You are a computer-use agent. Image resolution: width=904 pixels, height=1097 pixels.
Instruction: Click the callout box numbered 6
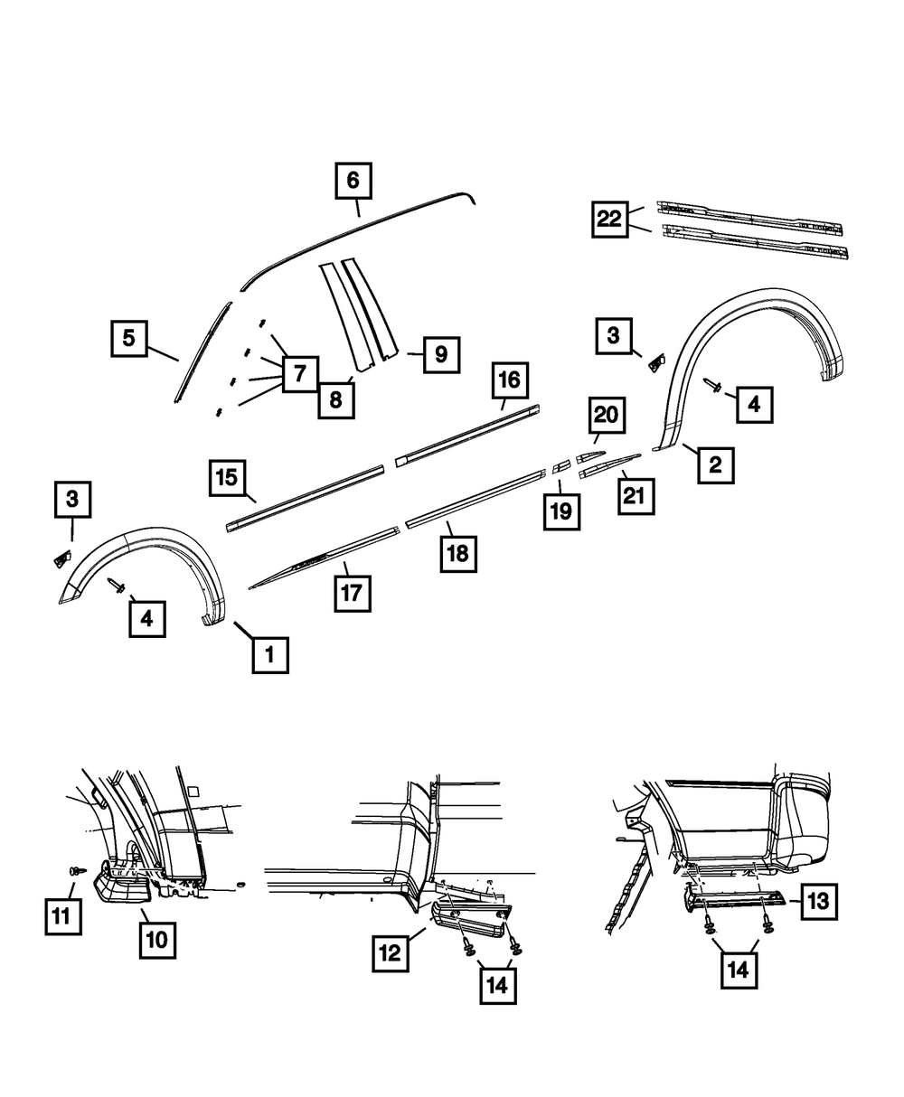pyautogui.click(x=353, y=181)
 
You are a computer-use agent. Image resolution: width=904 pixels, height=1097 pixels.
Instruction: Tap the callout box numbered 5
pyautogui.click(x=129, y=339)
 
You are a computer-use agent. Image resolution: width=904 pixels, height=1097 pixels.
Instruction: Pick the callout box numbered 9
pyautogui.click(x=440, y=353)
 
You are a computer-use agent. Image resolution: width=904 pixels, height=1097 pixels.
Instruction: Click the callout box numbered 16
pyautogui.click(x=510, y=380)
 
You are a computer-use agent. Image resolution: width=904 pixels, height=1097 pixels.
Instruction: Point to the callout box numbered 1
pyautogui.click(x=270, y=654)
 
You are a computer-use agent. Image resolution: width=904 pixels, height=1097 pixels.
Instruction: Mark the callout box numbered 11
pyautogui.click(x=61, y=914)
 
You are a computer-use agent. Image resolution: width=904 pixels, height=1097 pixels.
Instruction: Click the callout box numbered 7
pyautogui.click(x=299, y=370)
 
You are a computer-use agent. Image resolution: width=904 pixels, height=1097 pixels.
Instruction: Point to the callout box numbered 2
pyautogui.click(x=714, y=464)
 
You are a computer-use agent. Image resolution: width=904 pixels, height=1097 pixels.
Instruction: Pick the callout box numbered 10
pyautogui.click(x=157, y=939)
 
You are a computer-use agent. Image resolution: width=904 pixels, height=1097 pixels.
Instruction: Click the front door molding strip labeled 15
pyautogui.click(x=307, y=496)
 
